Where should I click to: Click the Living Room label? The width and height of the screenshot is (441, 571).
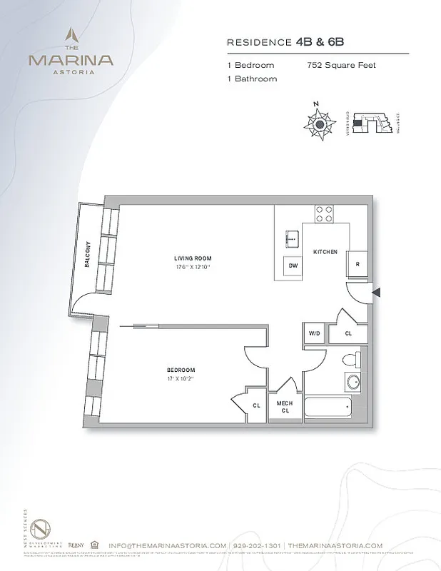193,258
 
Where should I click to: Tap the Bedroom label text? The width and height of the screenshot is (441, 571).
181,370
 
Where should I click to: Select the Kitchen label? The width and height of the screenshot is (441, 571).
325,252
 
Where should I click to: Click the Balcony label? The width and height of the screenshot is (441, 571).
87,253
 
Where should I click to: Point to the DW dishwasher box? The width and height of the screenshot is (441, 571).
293,265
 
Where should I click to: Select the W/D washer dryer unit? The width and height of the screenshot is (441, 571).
314,333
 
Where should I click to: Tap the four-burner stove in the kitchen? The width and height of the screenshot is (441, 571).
325,213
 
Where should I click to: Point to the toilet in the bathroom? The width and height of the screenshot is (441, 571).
350,360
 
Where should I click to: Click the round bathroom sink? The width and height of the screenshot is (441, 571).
353,383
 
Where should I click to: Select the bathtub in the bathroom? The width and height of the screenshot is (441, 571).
329,409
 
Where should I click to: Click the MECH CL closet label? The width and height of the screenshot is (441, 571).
285,407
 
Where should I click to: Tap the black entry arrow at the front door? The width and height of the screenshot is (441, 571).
377,292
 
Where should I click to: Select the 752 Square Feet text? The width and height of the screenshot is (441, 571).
340,65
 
